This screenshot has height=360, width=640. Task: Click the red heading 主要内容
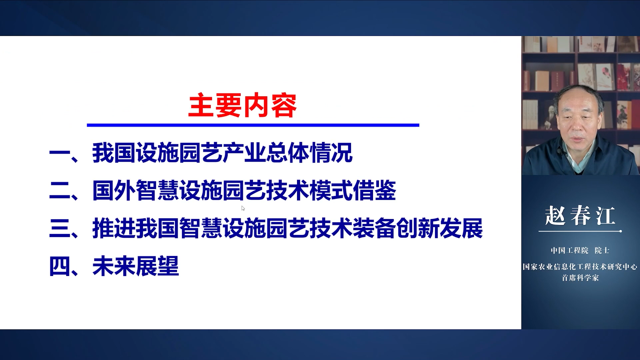[242, 106]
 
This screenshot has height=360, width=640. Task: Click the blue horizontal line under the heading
[253, 125]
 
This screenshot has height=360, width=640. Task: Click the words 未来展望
[136, 266]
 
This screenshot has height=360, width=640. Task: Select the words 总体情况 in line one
[309, 153]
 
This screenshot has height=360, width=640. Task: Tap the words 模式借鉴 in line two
[353, 191]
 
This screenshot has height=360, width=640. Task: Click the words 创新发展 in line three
[439, 229]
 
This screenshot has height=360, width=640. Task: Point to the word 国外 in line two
[114, 191]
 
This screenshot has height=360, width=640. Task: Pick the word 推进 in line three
[114, 229]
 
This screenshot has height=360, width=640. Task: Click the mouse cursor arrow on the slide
[243, 208]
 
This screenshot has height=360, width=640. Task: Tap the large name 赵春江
[580, 216]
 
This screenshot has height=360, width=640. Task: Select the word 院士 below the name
[602, 251]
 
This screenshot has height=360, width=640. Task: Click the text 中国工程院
[570, 251]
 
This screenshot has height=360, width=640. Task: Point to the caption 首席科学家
[580, 278]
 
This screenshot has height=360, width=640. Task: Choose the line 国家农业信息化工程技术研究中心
[580, 267]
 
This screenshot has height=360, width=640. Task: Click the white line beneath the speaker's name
[580, 231]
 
